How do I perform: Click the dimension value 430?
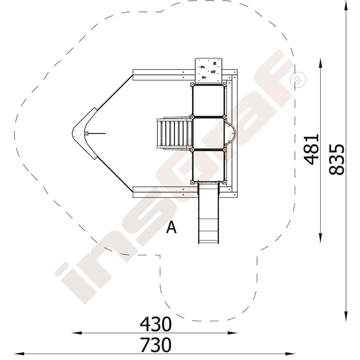156,324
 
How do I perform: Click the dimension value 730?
156,345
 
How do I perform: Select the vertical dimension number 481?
311,149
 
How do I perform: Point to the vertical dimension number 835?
337,159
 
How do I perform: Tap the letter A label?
171,227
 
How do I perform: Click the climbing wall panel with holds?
209,71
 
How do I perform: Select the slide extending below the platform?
208,212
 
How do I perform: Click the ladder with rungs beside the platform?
175,134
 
